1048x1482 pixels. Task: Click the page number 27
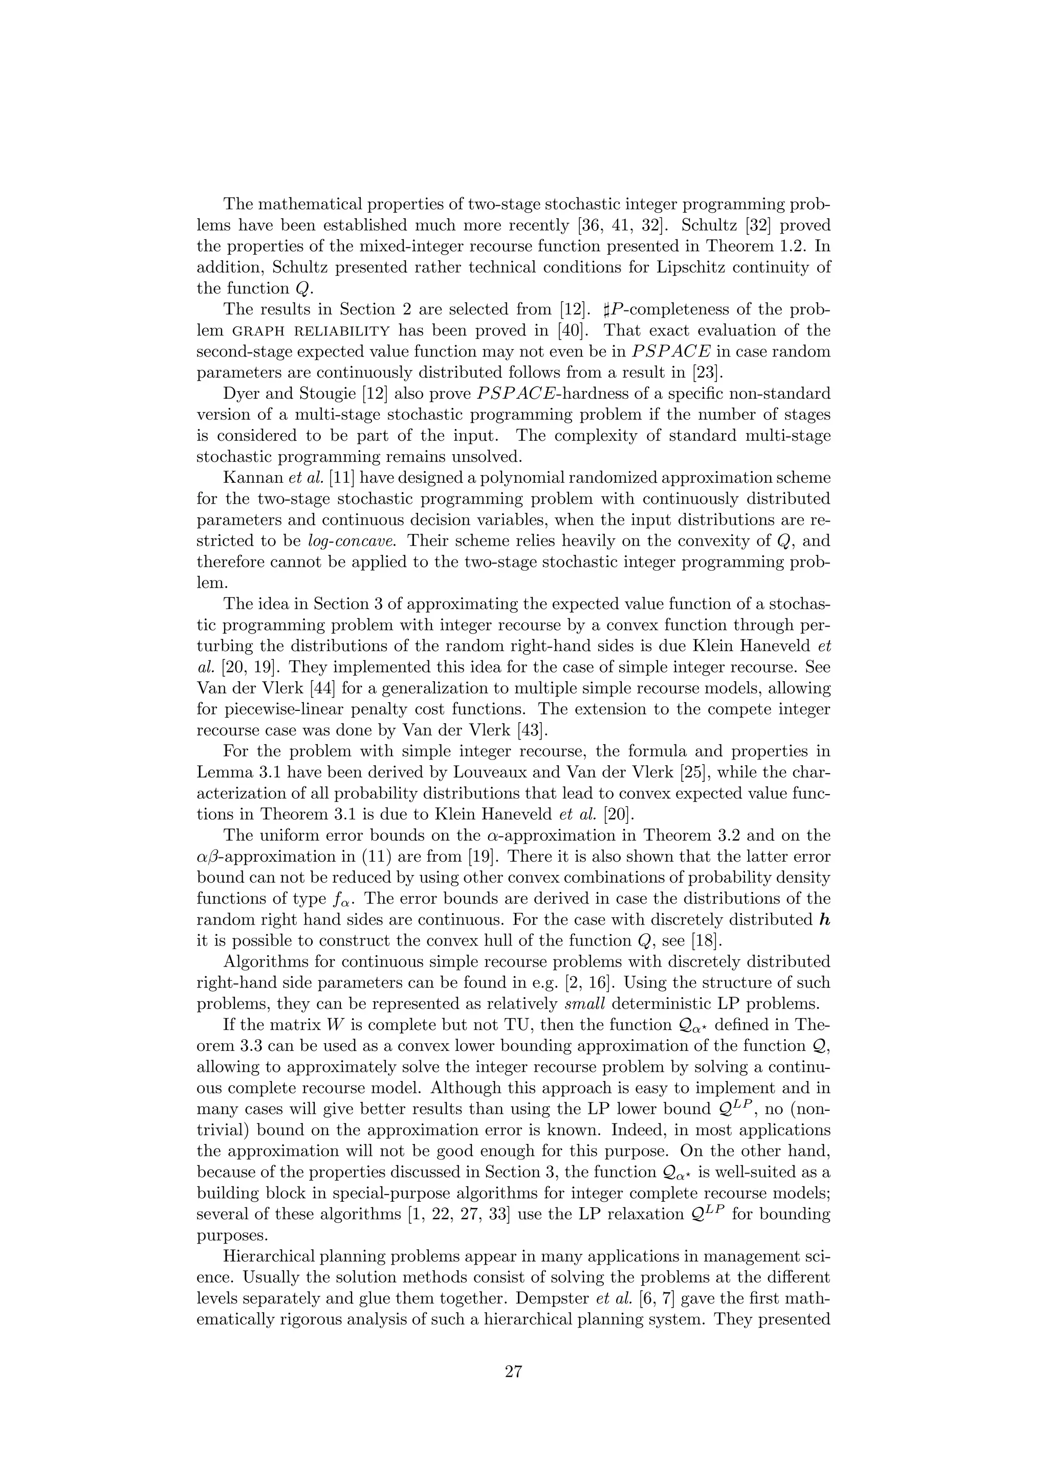513,1372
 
